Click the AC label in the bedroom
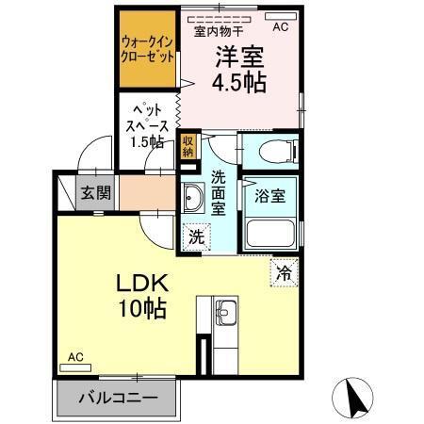(x=281, y=27)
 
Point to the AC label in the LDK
(x=76, y=358)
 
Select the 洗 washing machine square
(x=194, y=236)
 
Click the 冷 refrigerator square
(x=284, y=274)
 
